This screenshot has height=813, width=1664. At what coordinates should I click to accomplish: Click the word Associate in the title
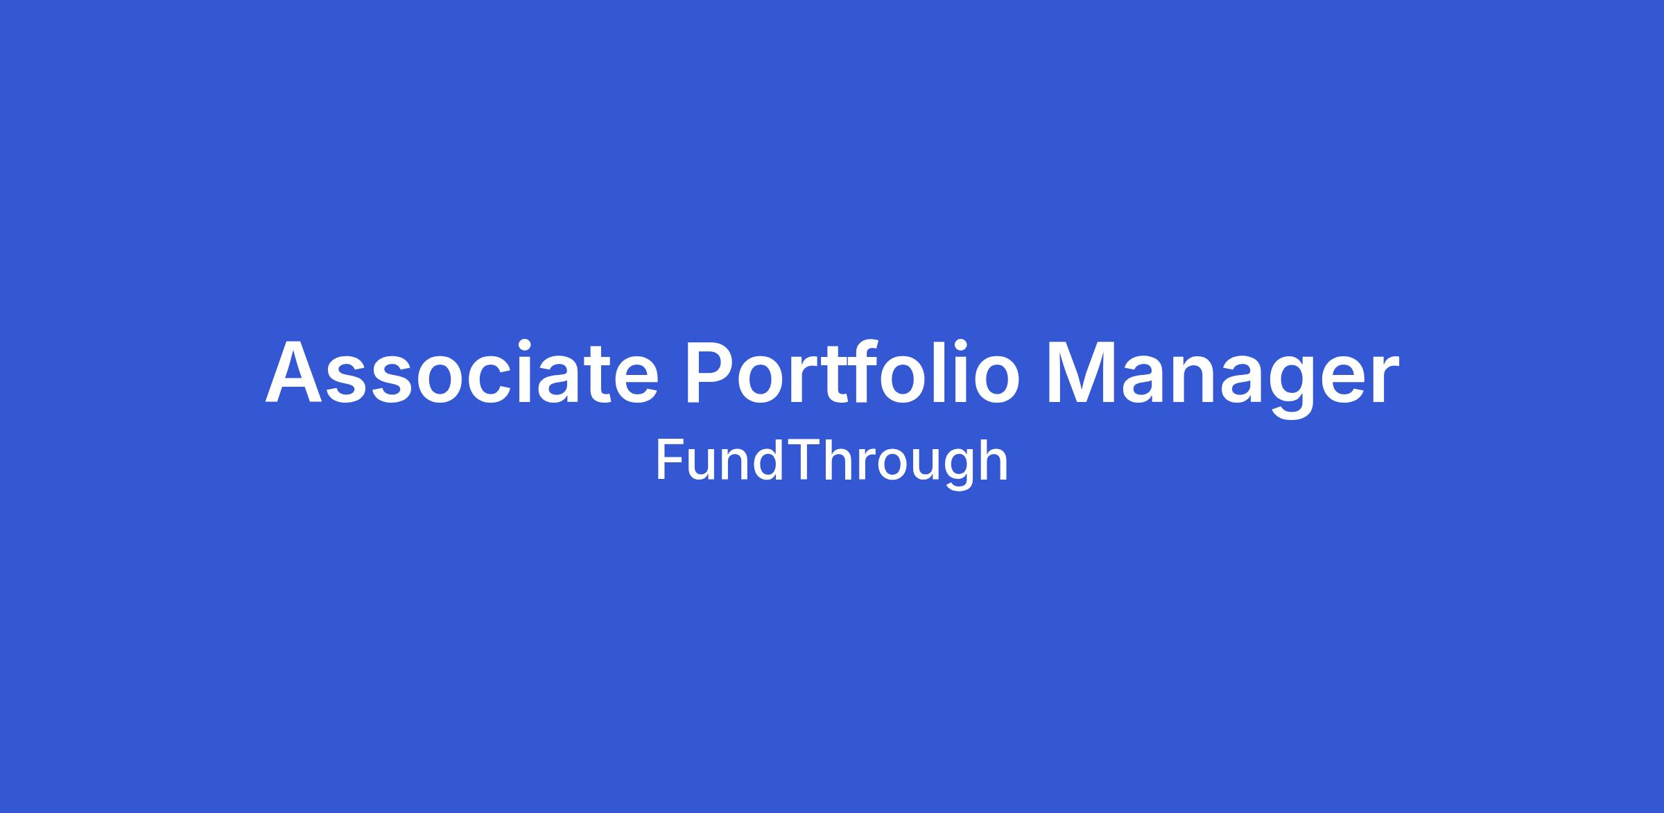(x=462, y=371)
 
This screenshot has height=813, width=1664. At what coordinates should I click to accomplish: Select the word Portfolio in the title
(x=852, y=370)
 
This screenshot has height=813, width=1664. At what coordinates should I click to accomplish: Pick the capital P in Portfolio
(x=711, y=371)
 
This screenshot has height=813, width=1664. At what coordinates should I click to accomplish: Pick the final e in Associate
(x=636, y=379)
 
